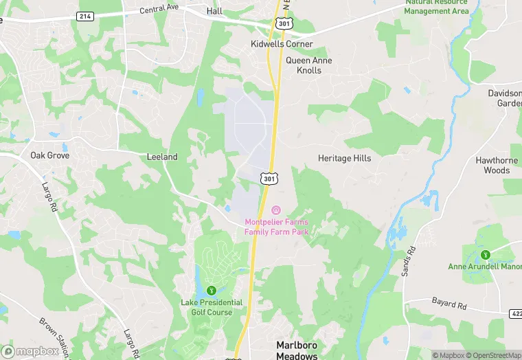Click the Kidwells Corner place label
coord(281,44)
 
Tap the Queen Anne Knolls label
coord(308,65)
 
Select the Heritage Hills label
coord(344,158)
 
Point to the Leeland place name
coord(162,157)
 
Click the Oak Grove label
coord(47,155)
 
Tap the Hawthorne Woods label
coord(497,165)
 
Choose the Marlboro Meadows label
coord(297,350)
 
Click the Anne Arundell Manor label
coord(485,267)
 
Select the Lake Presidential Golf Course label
coord(212,307)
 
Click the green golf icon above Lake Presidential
coord(212,290)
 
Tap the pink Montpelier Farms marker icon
coord(276,210)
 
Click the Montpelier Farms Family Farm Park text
coord(277,227)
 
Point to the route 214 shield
coord(85,16)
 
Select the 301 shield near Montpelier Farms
coord(269,179)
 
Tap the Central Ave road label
coord(159,10)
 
